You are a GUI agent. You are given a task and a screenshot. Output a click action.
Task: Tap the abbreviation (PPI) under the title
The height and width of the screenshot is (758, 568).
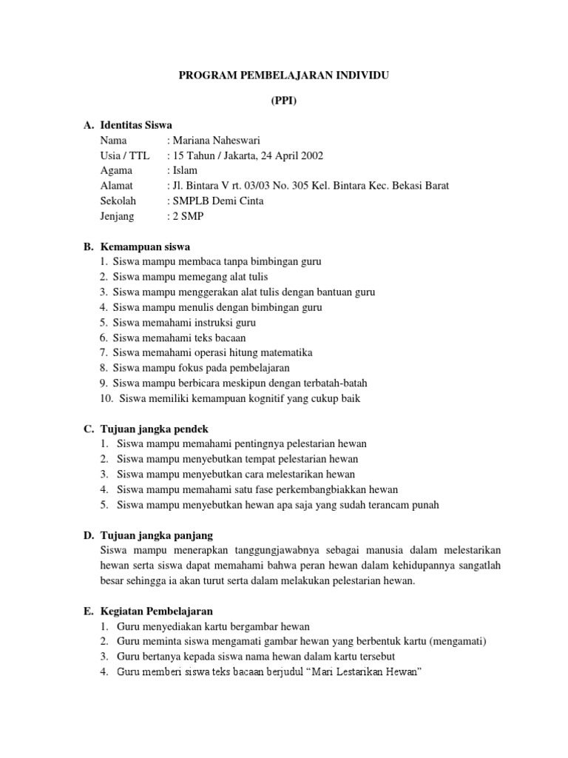(x=284, y=102)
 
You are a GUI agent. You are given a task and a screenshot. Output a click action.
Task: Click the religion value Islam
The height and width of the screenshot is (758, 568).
(x=184, y=170)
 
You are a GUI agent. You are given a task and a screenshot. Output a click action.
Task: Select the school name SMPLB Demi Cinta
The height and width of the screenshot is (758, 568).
(x=217, y=201)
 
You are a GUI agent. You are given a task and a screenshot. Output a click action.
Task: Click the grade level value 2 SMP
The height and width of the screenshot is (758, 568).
(x=189, y=215)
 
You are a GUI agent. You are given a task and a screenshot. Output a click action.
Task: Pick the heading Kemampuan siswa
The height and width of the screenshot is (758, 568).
(x=145, y=246)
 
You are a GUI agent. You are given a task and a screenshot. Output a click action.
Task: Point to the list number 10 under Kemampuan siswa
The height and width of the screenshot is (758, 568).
(x=104, y=398)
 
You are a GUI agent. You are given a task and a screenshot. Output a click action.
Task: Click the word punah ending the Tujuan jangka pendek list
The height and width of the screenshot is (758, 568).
(x=426, y=505)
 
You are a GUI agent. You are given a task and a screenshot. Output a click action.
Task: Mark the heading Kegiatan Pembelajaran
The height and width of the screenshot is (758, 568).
(x=156, y=611)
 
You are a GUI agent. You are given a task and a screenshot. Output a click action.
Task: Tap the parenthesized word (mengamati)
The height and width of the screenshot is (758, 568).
(x=459, y=641)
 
